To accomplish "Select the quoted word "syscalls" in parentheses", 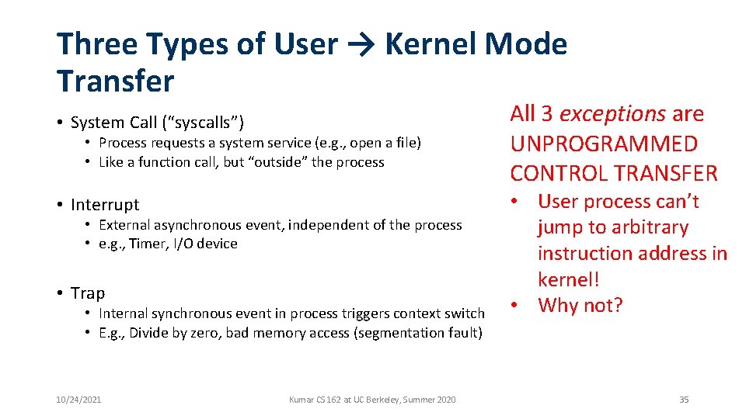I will click(206, 123).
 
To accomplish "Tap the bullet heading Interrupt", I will click(105, 205).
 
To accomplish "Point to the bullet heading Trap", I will click(88, 293).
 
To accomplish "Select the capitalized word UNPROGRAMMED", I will click(604, 144).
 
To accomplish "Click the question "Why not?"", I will click(580, 306).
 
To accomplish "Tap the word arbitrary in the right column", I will click(640, 227).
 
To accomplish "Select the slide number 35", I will click(684, 400).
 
